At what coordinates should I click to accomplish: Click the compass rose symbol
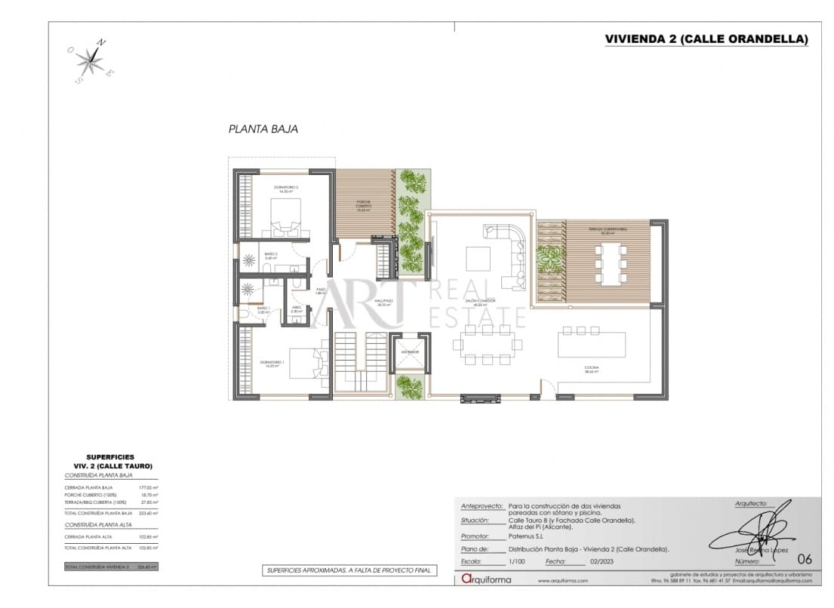(91, 60)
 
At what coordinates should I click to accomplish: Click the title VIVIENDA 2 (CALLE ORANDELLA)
(706, 39)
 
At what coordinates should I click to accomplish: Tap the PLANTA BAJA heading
(263, 129)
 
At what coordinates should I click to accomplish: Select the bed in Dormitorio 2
(284, 219)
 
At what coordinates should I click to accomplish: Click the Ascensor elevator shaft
(411, 355)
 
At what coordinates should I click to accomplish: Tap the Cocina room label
(591, 369)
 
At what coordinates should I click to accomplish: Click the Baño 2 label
(271, 255)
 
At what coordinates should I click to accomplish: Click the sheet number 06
(805, 559)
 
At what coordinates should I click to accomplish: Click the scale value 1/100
(515, 562)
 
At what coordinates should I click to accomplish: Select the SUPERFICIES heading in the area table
(110, 457)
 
